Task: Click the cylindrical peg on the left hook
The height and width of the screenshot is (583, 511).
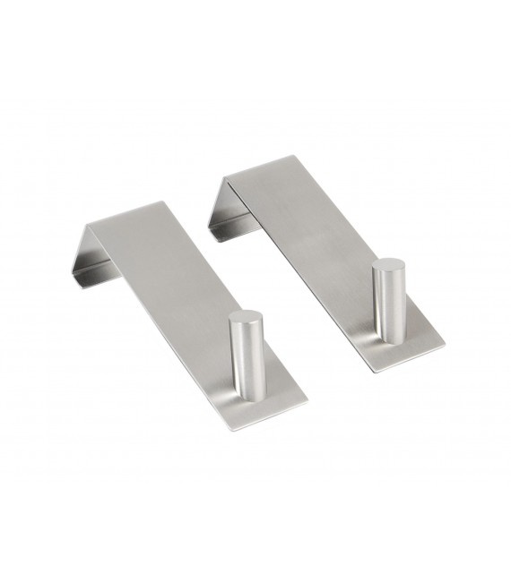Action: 244,350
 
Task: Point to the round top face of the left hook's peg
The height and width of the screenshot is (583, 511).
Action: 244,316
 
